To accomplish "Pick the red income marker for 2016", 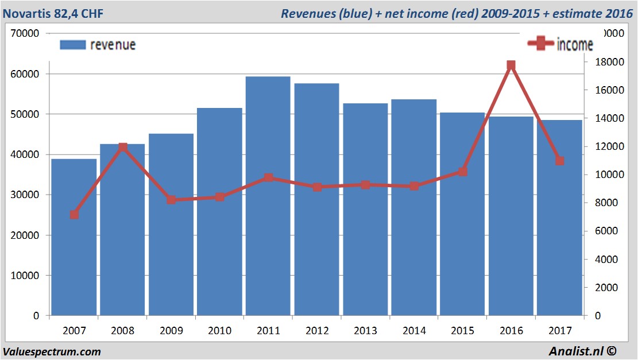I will coord(511,65).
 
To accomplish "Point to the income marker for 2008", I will coord(122,148).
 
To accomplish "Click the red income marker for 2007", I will coord(74,215).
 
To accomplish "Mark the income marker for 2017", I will coord(560,161).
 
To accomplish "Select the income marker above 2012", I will coord(316,187).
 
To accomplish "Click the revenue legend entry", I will coord(98,44).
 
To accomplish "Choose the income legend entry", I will coord(560,44).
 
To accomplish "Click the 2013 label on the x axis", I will coord(365,331).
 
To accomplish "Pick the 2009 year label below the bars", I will coord(171,331).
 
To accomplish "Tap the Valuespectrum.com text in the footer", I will coord(52,351).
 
